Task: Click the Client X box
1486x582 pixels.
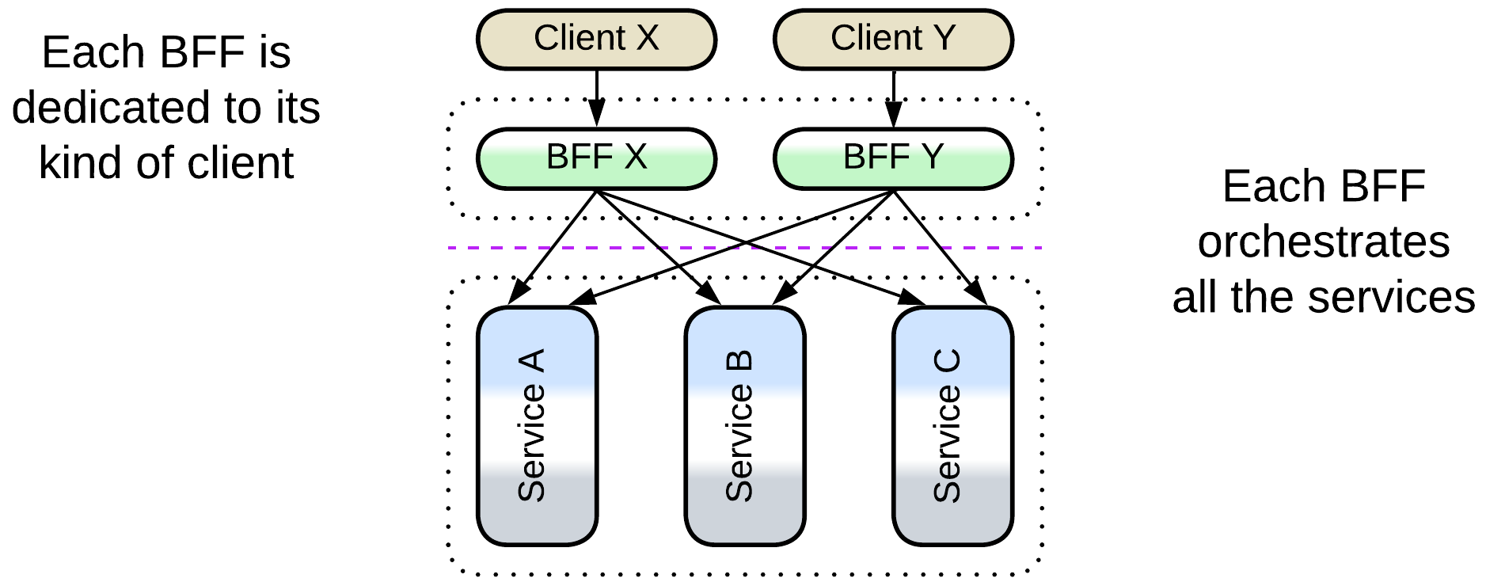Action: (x=596, y=40)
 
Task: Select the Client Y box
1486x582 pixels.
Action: (x=892, y=40)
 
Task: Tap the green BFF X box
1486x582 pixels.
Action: (x=596, y=158)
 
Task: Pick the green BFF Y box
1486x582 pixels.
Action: (x=892, y=158)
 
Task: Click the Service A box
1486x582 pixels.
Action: (x=537, y=426)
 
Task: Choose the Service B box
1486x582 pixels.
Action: (x=744, y=426)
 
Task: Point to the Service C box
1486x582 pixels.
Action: (x=952, y=426)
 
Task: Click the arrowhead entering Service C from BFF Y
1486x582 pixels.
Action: (x=979, y=293)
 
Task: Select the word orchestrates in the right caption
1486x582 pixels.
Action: (x=1324, y=242)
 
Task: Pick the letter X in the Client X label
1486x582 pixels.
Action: (x=647, y=38)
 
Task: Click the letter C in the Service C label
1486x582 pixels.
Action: (x=947, y=361)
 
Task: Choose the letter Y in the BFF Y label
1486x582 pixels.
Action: (x=933, y=157)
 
